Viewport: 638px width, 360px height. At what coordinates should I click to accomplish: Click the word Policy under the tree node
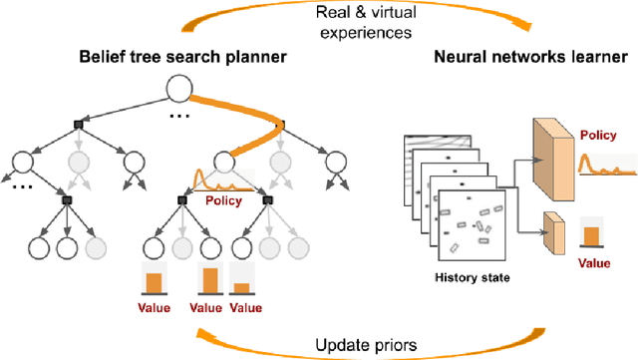click(x=223, y=199)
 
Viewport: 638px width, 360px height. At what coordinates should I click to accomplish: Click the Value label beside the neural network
click(x=595, y=265)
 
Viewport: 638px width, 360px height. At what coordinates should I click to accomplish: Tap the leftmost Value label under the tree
click(x=153, y=308)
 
